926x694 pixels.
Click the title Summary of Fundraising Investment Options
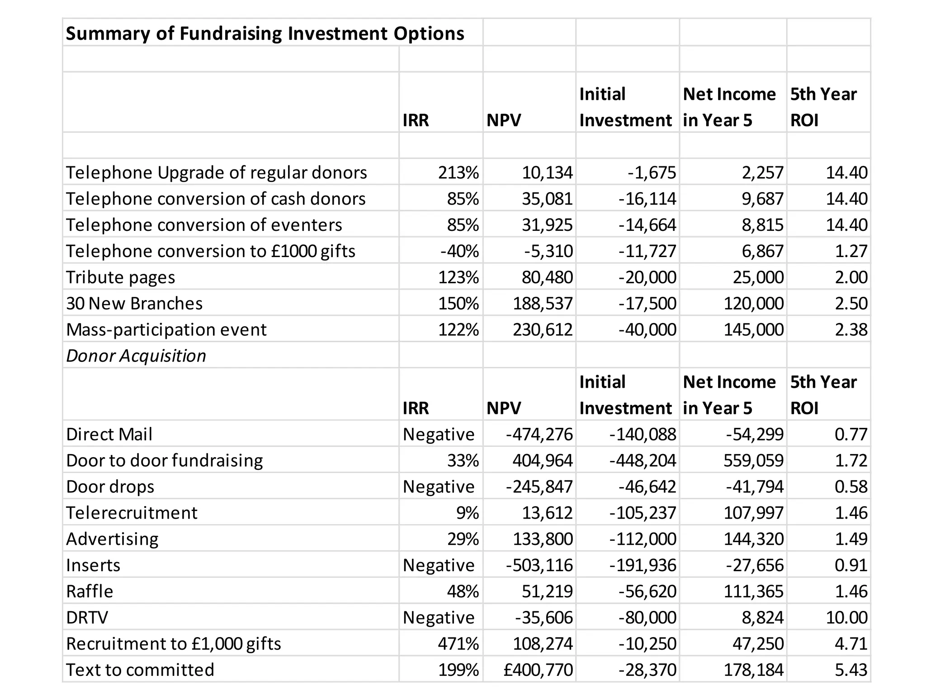point(265,33)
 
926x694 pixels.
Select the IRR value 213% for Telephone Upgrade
point(458,172)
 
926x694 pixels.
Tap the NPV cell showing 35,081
point(547,198)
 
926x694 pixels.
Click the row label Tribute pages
point(120,277)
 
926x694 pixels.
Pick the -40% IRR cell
point(459,251)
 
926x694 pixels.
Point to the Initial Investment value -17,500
point(647,303)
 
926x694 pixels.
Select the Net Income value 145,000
point(754,329)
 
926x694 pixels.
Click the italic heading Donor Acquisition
point(136,356)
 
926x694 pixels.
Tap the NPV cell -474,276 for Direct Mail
point(539,434)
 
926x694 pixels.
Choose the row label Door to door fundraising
point(165,460)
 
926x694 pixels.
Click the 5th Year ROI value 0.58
point(851,487)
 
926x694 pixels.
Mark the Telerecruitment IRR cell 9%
point(468,513)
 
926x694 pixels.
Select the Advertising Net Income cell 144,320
point(754,539)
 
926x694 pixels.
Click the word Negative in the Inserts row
point(439,565)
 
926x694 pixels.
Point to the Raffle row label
point(90,591)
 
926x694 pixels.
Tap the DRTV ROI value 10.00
point(846,618)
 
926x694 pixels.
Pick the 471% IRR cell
point(458,644)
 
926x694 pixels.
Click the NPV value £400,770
point(538,670)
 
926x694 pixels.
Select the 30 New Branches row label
point(134,303)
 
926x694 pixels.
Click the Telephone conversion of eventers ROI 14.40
point(846,225)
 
